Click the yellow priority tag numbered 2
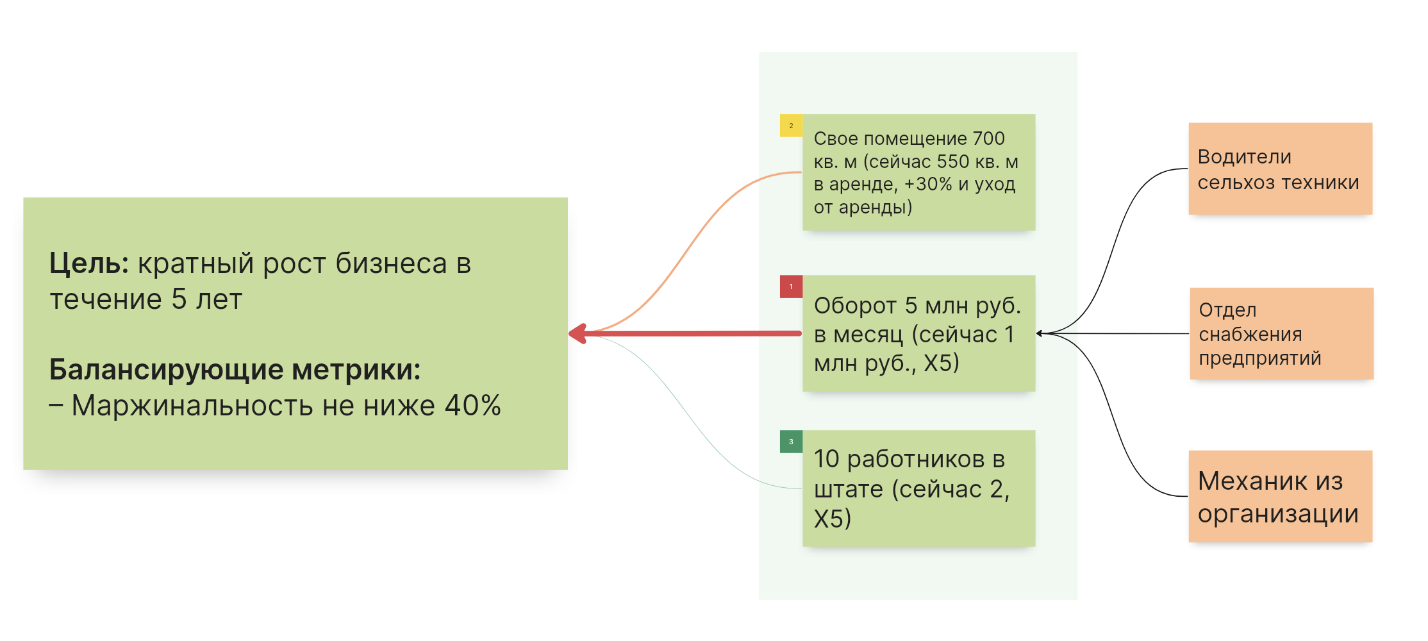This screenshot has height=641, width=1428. point(791,126)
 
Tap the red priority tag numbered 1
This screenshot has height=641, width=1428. point(791,287)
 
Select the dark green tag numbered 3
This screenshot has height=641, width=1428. point(791,442)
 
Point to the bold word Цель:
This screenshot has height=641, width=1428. point(89,263)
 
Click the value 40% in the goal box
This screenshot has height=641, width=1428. point(473,406)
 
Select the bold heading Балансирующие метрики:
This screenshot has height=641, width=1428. point(235,370)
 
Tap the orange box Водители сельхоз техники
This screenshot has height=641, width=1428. point(1280,169)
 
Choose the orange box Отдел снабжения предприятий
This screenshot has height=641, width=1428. point(1281,333)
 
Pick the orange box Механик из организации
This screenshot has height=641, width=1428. point(1280,496)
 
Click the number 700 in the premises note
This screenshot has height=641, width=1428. point(988,138)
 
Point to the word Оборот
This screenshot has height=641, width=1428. point(854,306)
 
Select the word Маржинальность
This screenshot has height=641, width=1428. point(192,406)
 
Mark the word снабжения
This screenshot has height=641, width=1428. point(1250,334)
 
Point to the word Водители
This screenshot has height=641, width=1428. point(1244,157)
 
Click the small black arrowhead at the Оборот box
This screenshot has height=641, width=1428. point(1040,333)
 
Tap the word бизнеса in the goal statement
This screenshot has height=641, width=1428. point(391,263)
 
